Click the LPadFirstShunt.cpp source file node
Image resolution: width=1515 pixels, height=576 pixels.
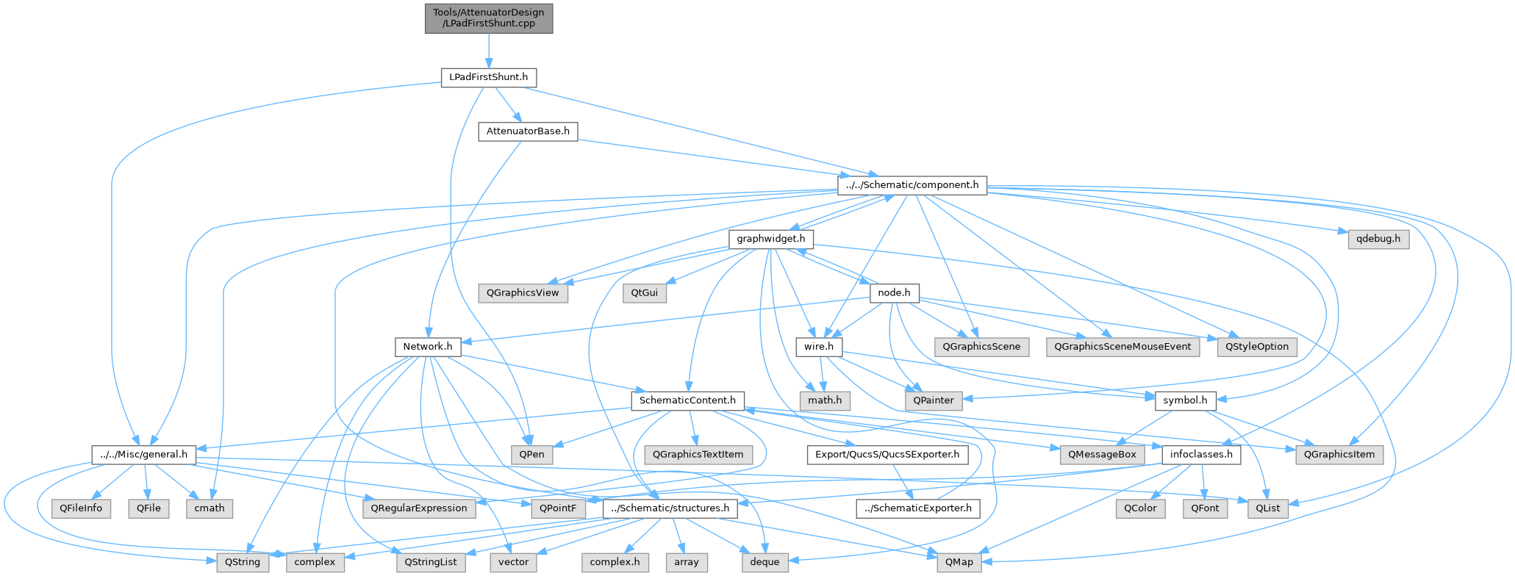pyautogui.click(x=488, y=18)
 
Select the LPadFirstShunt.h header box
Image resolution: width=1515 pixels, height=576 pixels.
pyautogui.click(x=488, y=77)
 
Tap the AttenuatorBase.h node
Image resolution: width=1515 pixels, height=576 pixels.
pyautogui.click(x=528, y=132)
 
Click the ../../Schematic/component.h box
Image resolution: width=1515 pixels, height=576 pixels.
pyautogui.click(x=911, y=185)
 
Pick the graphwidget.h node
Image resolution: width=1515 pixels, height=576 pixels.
pyautogui.click(x=770, y=239)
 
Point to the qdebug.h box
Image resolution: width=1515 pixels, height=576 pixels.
pyautogui.click(x=1378, y=239)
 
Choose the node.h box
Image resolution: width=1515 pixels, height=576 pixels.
pyautogui.click(x=894, y=292)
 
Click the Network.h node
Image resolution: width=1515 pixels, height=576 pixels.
pyautogui.click(x=428, y=346)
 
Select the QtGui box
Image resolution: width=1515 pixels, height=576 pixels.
pyautogui.click(x=644, y=292)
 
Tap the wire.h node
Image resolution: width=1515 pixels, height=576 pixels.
pyautogui.click(x=819, y=346)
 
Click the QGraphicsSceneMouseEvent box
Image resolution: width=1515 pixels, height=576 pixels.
pyautogui.click(x=1122, y=346)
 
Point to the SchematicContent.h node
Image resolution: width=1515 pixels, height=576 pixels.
pyautogui.click(x=687, y=400)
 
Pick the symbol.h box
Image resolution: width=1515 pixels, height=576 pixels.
pyautogui.click(x=1185, y=400)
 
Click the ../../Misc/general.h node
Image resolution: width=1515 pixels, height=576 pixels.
pyautogui.click(x=143, y=454)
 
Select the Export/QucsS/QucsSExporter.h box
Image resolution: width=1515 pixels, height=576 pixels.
pyautogui.click(x=887, y=454)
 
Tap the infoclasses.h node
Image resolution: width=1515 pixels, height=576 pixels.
pyautogui.click(x=1201, y=454)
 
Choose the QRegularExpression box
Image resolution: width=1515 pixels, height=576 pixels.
pyautogui.click(x=419, y=508)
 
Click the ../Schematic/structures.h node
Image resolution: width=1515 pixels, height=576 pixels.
pyautogui.click(x=670, y=508)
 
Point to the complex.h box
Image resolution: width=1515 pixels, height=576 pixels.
pyautogui.click(x=615, y=562)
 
